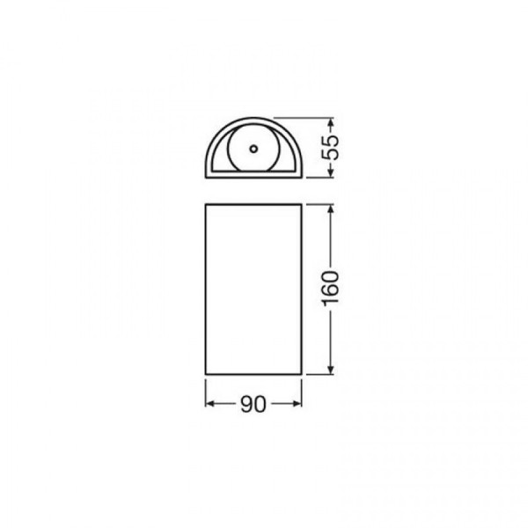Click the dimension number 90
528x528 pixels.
(x=253, y=404)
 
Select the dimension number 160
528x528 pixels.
(x=330, y=289)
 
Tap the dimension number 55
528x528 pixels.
(x=330, y=148)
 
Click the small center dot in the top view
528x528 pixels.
(x=253, y=149)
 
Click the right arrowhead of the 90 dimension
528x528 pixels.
(x=297, y=403)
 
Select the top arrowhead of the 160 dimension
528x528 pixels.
(x=331, y=209)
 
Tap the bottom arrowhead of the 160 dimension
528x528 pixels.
(x=331, y=370)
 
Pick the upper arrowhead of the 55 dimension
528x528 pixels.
(x=331, y=122)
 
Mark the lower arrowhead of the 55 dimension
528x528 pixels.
(x=331, y=172)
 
